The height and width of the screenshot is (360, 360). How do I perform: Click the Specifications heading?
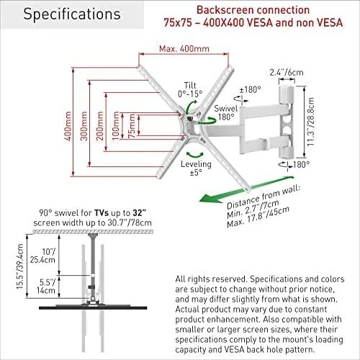72,14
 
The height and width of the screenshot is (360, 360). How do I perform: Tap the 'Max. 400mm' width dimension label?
184,49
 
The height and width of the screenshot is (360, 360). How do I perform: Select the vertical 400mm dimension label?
68,126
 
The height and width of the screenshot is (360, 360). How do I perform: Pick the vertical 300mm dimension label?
84,126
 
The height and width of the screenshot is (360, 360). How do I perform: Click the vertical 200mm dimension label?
99,126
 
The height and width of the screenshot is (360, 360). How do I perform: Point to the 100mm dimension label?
116,125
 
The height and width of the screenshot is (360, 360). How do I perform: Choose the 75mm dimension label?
132,126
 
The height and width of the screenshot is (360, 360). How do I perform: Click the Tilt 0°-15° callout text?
190,89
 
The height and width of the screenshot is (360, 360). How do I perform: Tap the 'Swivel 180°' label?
225,112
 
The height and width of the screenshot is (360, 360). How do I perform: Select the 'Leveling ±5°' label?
196,168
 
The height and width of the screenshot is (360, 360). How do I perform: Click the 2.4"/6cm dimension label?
287,72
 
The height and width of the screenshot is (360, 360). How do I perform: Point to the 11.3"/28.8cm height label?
311,122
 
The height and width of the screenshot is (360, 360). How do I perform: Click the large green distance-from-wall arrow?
246,189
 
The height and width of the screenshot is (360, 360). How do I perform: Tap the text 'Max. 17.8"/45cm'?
258,217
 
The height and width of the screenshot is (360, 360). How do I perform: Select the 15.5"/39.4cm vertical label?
20,266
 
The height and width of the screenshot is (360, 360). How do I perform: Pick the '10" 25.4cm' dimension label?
42,256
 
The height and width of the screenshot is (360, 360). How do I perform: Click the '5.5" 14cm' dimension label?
46,287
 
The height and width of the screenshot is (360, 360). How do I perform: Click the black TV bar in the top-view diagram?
93,307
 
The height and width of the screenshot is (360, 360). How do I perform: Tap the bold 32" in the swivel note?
138,212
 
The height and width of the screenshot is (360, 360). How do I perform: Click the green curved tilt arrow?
191,107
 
